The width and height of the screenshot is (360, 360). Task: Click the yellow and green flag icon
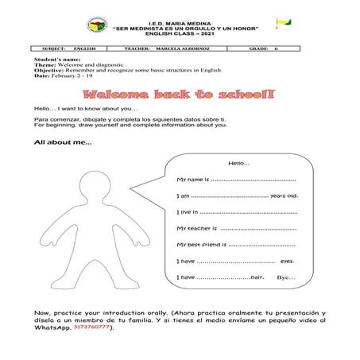pyautogui.click(x=282, y=23)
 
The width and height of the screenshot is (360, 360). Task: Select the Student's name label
pyautogui.click(x=56, y=60)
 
